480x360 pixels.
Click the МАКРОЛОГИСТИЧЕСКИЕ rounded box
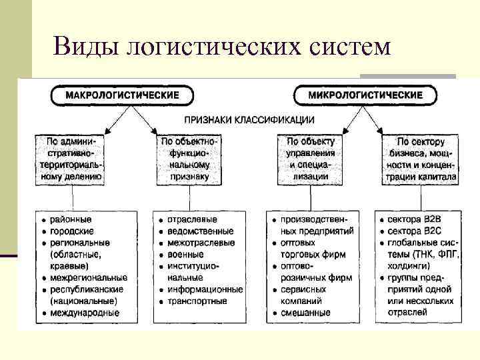coord(117,94)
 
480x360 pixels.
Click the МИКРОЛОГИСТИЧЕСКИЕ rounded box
coord(365,95)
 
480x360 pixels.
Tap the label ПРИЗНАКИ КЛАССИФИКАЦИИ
coord(241,120)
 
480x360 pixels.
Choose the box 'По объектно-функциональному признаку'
coord(189,159)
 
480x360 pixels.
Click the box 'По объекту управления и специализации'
coord(311,159)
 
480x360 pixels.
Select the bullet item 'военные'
coord(186,254)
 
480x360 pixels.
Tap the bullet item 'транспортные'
coord(197,301)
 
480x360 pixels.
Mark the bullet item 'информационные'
coord(205,289)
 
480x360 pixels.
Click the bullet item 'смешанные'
coord(305,312)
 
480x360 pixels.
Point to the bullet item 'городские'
coord(71,231)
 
